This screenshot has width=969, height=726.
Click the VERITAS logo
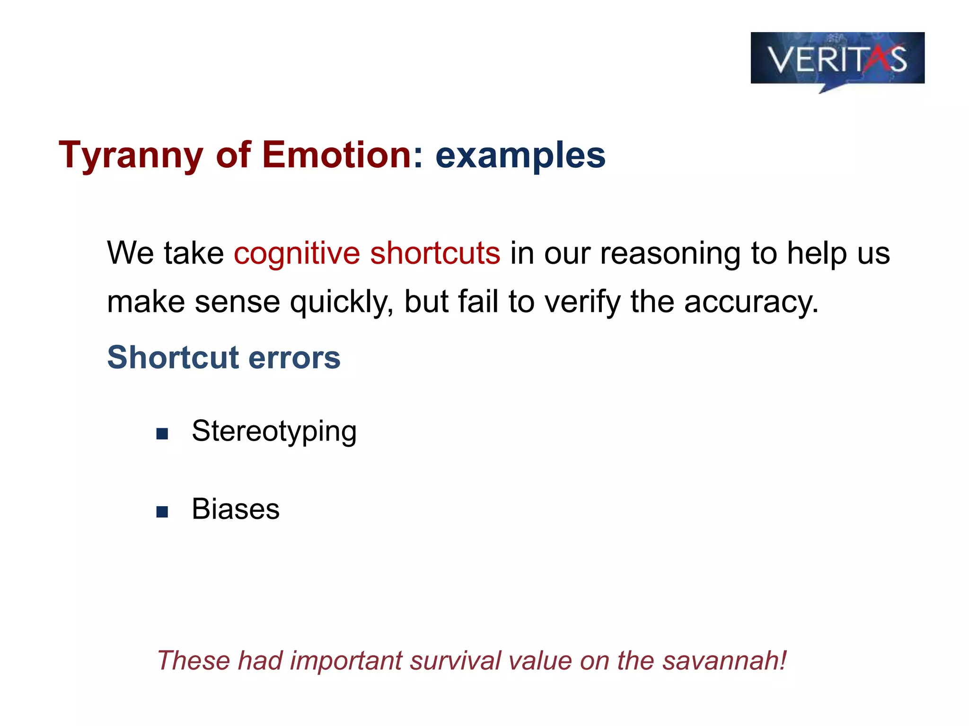coord(837,59)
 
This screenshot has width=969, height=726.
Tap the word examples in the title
coord(520,156)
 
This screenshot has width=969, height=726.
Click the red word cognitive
coord(297,253)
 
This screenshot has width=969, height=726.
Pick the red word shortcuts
coord(435,253)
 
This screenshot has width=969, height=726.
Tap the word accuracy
coord(751,302)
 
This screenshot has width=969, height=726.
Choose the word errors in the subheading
coord(294,358)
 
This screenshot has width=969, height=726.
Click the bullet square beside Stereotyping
coord(162,434)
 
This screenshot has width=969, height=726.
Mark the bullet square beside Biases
coord(162,512)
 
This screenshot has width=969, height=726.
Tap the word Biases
coord(236,510)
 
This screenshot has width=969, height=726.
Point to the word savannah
coord(724,660)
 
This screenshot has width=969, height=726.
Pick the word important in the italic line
coord(345,661)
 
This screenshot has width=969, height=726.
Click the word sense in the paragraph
coord(237,302)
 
